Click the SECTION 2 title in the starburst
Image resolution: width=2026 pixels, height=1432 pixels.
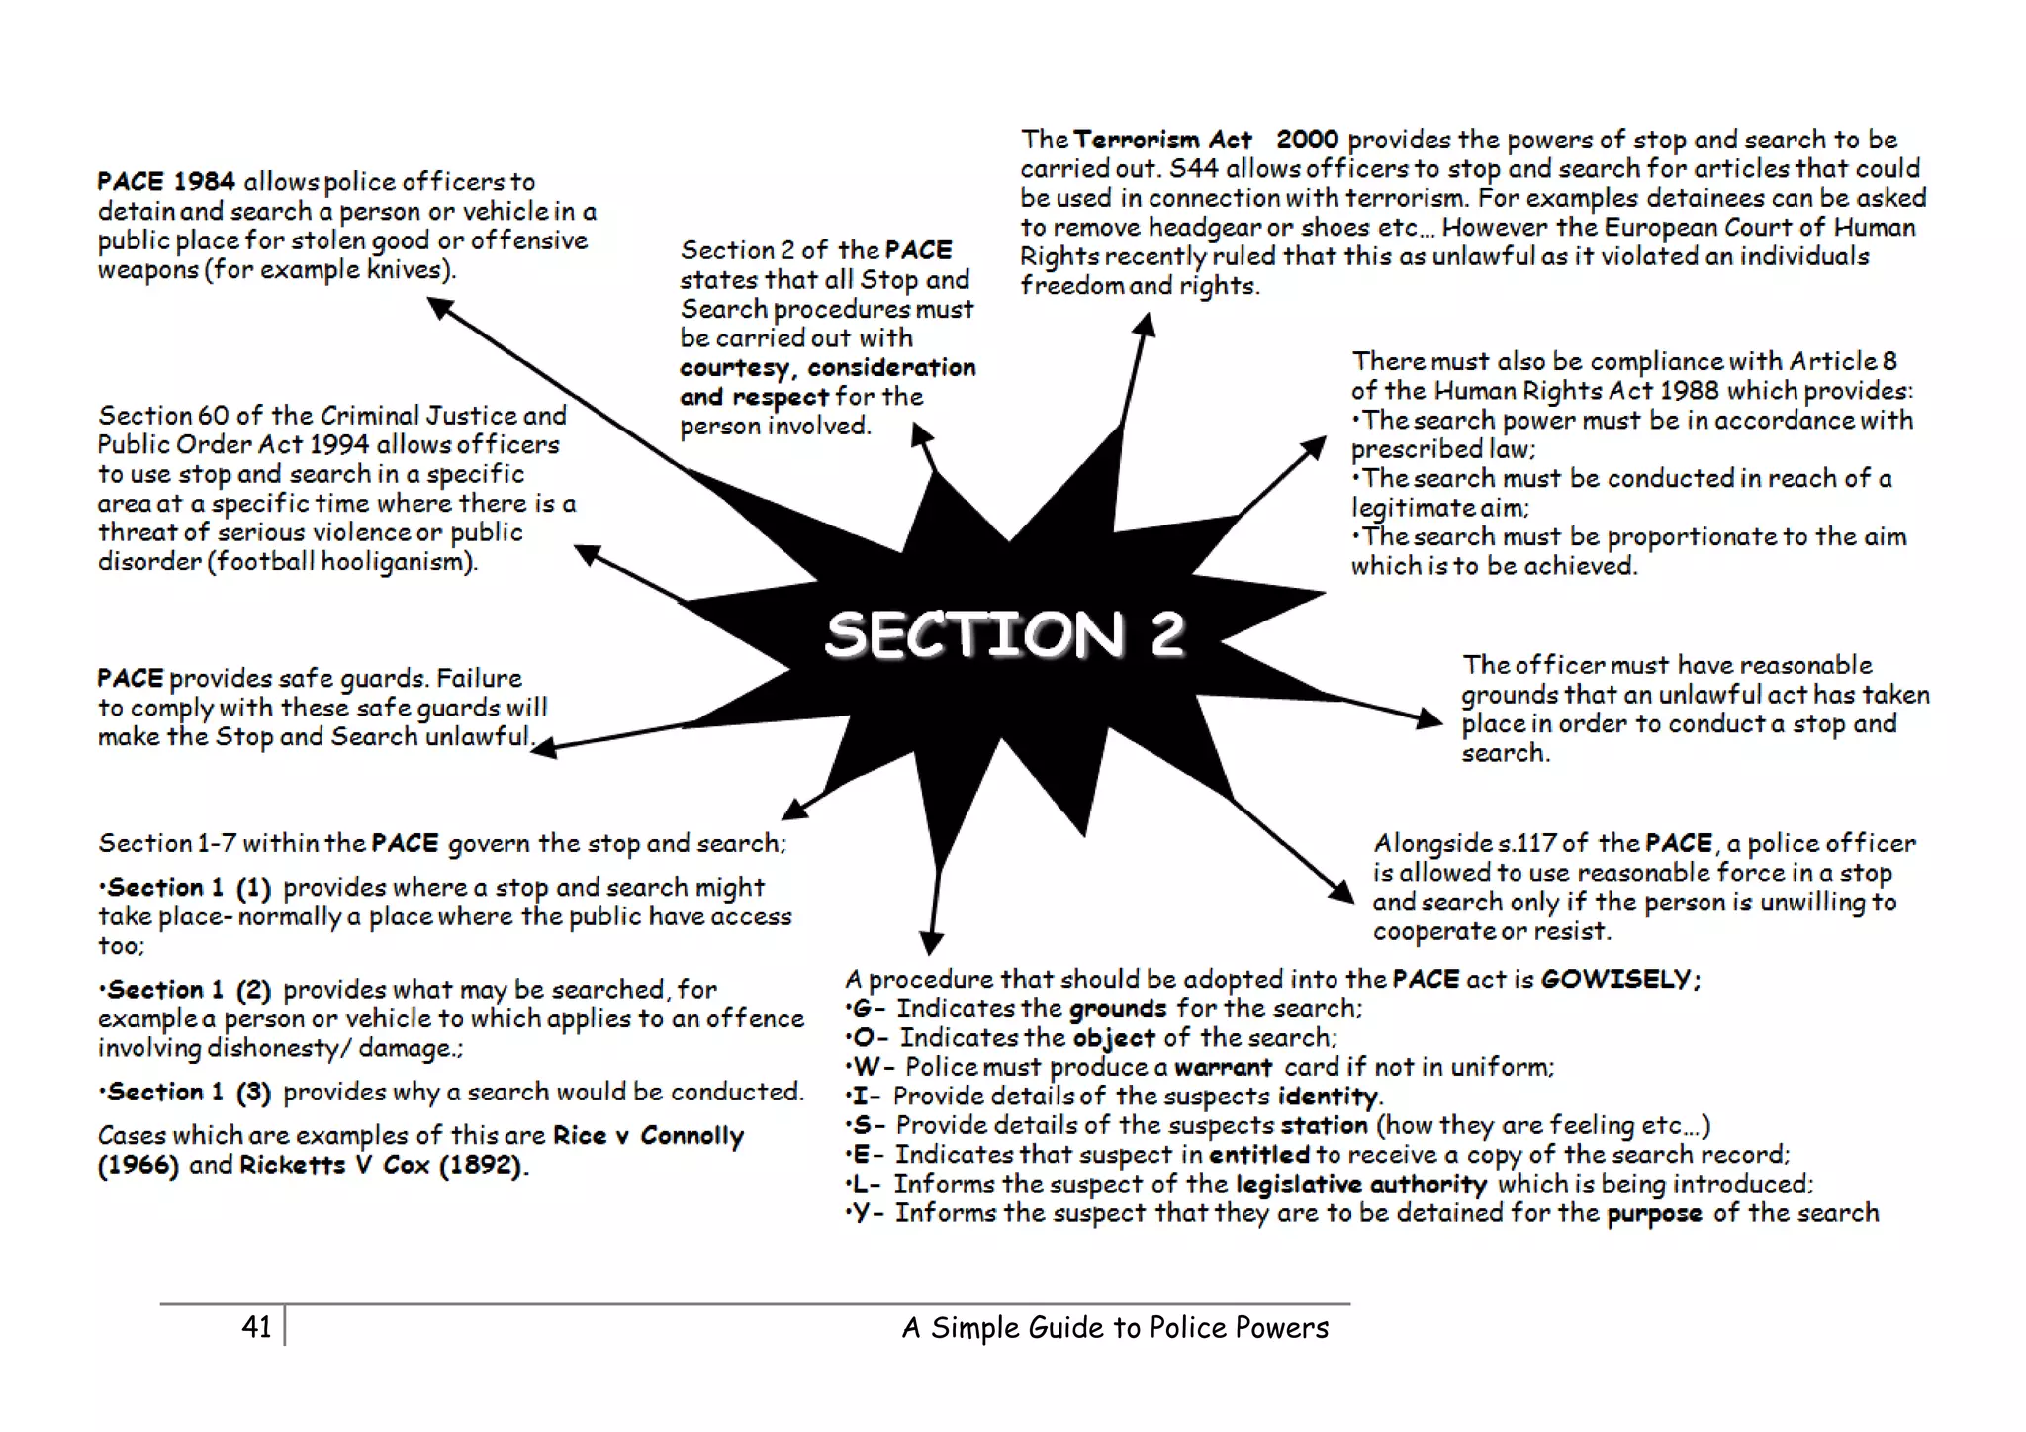coord(1004,634)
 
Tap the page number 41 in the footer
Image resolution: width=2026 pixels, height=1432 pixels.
coord(256,1326)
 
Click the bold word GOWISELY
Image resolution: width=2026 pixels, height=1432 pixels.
coord(1617,979)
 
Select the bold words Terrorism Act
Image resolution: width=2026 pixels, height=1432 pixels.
coord(1162,140)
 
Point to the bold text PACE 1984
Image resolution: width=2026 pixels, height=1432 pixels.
coord(166,182)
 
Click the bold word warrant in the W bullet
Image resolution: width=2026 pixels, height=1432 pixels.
coord(1223,1067)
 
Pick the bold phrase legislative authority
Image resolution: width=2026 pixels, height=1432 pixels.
coord(1360,1184)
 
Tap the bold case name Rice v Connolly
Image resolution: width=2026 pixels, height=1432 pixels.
coord(648,1135)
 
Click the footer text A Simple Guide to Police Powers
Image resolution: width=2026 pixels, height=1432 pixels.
coord(1115,1327)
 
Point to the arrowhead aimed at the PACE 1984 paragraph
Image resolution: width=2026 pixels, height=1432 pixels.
coord(440,308)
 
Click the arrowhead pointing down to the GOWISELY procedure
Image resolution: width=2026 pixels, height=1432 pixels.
coord(931,941)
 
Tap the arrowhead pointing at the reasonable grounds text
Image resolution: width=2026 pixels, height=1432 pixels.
coord(1430,717)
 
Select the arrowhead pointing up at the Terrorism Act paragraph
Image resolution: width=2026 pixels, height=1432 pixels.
coord(1145,325)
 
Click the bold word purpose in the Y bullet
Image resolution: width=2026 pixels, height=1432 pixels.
coord(1654,1213)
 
